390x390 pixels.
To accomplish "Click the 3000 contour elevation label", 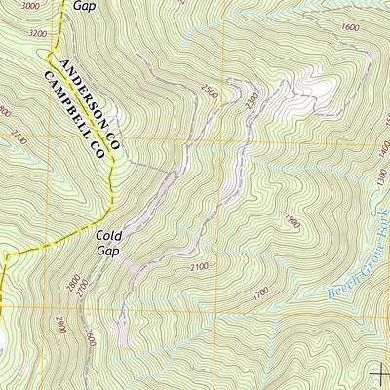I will point(30,6).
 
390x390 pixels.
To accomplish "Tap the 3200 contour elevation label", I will point(38,33).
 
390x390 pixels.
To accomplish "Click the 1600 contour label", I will point(350,27).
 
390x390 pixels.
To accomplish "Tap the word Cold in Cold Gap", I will point(110,234).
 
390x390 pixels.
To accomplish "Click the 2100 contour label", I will point(201,266).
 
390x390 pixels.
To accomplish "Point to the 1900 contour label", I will point(291,219).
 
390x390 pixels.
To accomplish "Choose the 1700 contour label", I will point(260,292).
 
